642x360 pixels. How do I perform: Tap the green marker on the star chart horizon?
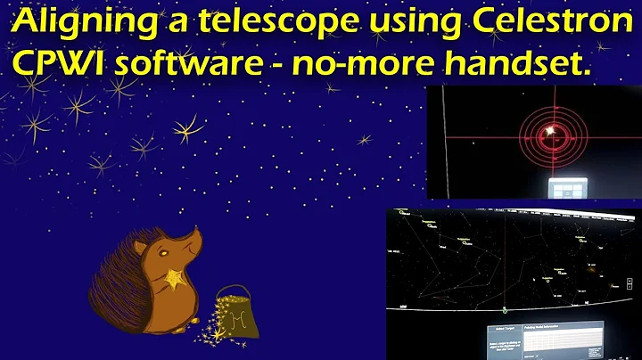pos(506,310)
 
